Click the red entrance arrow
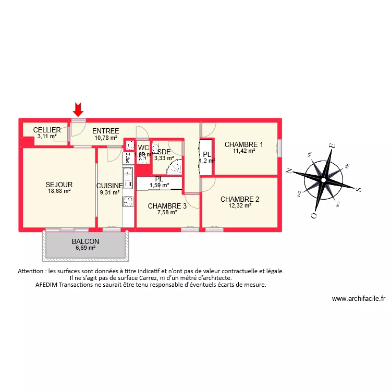(78, 109)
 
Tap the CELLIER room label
(47, 130)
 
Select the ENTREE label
(105, 131)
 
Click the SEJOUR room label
(59, 185)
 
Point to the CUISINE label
(109, 185)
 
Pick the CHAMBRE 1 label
(244, 144)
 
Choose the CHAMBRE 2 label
(240, 199)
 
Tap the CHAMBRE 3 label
(167, 206)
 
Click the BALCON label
(85, 242)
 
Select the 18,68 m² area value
(59, 191)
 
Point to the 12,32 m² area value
(240, 206)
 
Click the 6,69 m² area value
(85, 248)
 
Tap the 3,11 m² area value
(47, 137)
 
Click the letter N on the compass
(288, 170)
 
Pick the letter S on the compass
(359, 189)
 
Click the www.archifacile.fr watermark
(358, 299)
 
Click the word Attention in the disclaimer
(32, 271)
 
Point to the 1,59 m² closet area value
(159, 185)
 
